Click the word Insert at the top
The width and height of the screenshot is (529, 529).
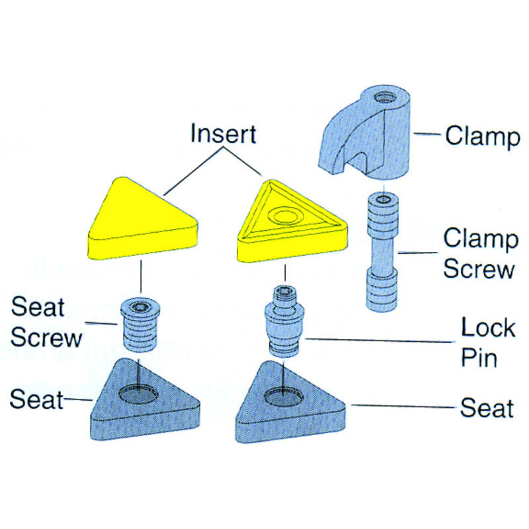click(223, 134)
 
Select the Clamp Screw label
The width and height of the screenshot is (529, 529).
click(480, 254)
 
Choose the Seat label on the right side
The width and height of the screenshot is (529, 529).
click(487, 407)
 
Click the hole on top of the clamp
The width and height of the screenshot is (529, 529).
click(383, 99)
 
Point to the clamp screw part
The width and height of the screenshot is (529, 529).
click(383, 251)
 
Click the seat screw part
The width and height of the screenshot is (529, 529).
click(140, 323)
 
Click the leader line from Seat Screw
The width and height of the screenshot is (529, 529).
click(103, 324)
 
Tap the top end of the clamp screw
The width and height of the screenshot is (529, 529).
click(383, 199)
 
